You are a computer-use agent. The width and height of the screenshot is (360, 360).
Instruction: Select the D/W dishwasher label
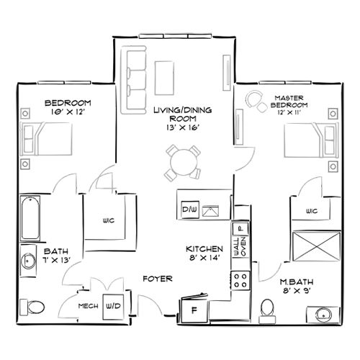189,210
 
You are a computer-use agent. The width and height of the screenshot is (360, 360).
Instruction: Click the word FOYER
156,277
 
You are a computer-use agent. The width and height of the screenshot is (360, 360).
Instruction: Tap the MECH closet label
88,306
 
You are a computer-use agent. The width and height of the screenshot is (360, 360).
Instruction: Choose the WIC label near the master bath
311,211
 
